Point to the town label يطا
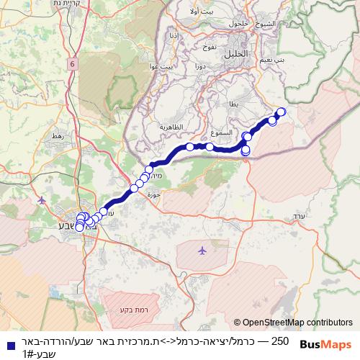pyautogui.click(x=233, y=104)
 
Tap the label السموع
pyautogui.click(x=223, y=132)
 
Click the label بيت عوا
pyautogui.click(x=163, y=66)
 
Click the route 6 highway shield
pyautogui.click(x=73, y=65)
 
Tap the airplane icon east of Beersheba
pyautogui.click(x=201, y=251)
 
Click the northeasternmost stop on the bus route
pyautogui.click(x=281, y=112)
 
